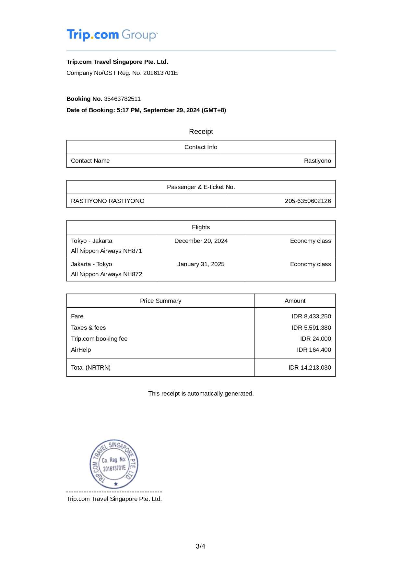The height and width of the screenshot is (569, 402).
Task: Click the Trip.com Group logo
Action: [112, 35]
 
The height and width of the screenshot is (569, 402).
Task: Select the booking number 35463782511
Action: [122, 99]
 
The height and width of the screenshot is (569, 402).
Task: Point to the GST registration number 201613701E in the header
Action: [160, 73]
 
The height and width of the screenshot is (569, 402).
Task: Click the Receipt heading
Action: [201, 132]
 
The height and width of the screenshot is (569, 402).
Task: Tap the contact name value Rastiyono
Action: [317, 161]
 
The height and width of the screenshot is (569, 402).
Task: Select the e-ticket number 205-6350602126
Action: [308, 201]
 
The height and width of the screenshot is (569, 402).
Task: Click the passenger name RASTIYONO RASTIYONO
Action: [108, 201]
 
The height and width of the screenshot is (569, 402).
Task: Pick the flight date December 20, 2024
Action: [201, 241]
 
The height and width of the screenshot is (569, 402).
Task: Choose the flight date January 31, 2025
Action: [201, 264]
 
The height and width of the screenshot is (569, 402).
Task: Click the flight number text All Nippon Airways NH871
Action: [106, 251]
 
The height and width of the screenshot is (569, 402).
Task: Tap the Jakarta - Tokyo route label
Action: [91, 264]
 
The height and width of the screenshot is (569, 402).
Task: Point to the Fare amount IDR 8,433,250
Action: [311, 316]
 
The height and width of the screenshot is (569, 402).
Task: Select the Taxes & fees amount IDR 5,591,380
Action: [311, 328]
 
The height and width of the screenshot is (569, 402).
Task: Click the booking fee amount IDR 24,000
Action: [315, 339]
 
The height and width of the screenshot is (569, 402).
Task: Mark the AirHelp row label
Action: [81, 350]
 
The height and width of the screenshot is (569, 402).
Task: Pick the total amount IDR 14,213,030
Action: [310, 368]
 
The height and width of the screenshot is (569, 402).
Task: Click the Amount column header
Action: [295, 301]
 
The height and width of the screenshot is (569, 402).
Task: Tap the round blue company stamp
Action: [114, 464]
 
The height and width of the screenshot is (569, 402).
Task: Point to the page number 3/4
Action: [200, 546]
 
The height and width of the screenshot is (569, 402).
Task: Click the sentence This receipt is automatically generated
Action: [201, 394]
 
